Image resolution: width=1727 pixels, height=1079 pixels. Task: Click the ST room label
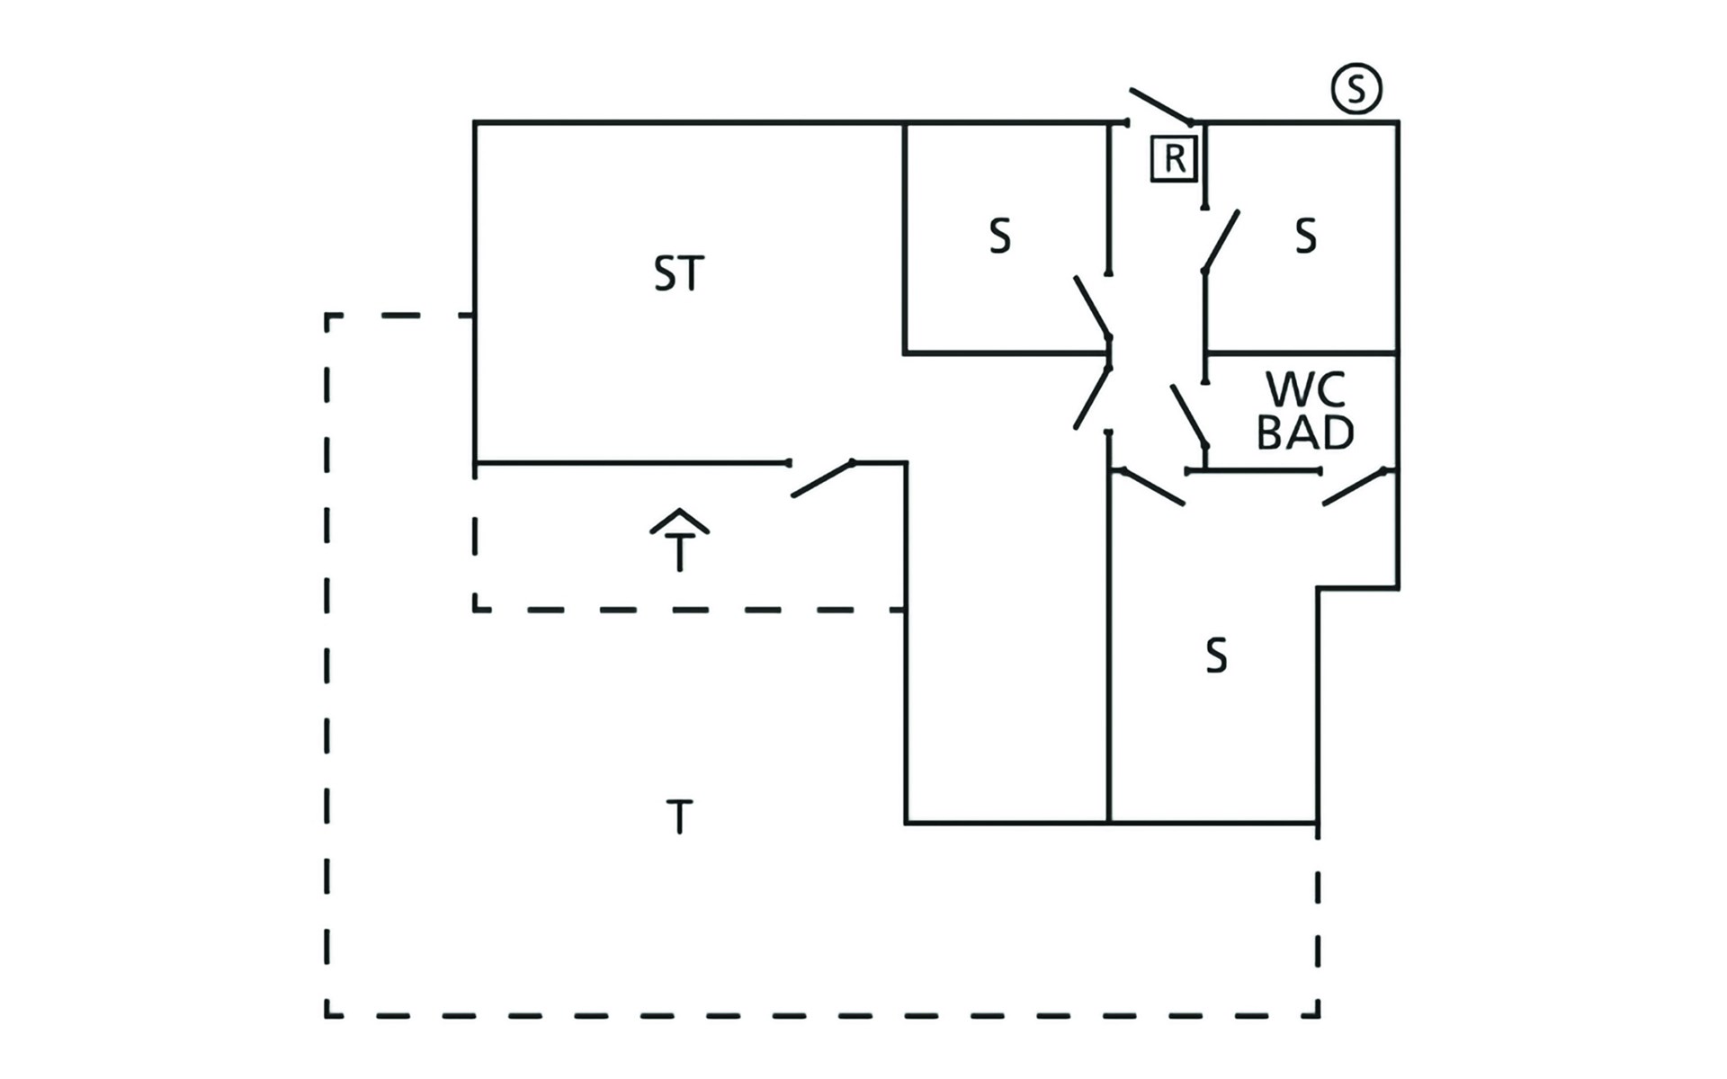click(679, 273)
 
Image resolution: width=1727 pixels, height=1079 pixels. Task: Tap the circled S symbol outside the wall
click(1356, 88)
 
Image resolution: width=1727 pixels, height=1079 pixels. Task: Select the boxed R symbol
click(1175, 159)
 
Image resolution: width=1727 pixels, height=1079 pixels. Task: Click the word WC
click(1305, 390)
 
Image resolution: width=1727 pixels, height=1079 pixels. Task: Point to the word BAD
click(1305, 432)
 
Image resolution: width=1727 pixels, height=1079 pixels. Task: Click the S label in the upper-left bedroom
click(999, 236)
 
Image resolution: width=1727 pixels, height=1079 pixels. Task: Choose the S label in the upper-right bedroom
click(1305, 236)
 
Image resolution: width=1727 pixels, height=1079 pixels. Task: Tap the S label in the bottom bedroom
click(1216, 655)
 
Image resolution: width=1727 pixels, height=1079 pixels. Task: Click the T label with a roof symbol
click(680, 551)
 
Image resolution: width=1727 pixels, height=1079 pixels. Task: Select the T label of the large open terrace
click(679, 817)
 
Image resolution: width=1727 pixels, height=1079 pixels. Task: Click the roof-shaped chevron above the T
click(680, 521)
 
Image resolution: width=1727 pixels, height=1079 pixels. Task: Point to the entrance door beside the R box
click(1160, 105)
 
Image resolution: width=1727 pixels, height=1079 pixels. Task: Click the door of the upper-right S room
click(1221, 240)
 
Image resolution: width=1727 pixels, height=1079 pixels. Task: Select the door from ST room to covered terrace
click(822, 478)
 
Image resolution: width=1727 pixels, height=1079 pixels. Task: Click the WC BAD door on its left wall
click(1188, 415)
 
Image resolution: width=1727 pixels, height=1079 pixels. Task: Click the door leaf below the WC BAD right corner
click(1354, 486)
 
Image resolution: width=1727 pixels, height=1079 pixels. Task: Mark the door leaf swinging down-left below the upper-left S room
click(1092, 397)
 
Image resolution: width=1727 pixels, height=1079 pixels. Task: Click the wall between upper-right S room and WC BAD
click(1301, 352)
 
